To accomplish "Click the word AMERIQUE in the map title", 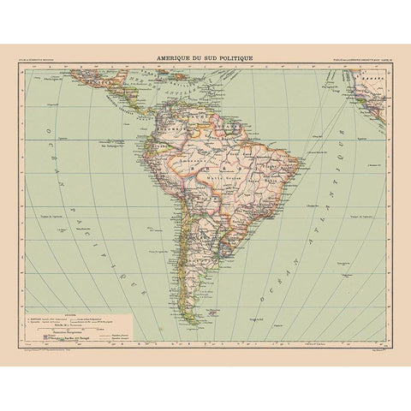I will [170, 58].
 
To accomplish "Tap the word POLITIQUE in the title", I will [235, 58].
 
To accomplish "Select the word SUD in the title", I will [204, 58].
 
